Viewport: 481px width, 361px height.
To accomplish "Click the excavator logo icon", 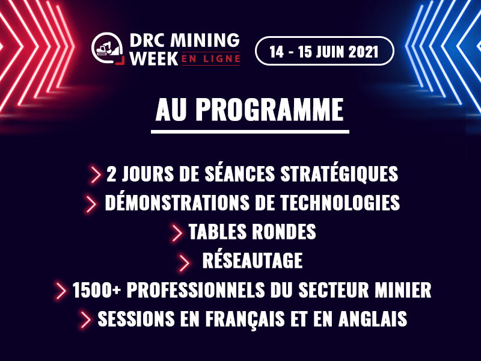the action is (108, 49).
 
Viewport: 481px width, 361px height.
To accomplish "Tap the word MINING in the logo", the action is (205, 40).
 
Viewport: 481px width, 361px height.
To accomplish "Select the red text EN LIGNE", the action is (211, 59).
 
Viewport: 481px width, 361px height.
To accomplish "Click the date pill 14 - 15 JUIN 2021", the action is (324, 51).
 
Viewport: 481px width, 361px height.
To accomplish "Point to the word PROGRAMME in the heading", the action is (269, 110).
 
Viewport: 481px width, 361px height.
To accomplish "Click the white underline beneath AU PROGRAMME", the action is (250, 132).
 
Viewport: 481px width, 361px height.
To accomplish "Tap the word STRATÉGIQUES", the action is (339, 174).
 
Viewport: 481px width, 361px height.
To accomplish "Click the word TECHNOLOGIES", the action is (340, 203).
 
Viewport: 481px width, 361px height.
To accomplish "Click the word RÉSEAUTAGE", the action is (252, 261).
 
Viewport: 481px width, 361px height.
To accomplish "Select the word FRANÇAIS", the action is (245, 319).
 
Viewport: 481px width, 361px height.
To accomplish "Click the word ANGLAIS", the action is (373, 319).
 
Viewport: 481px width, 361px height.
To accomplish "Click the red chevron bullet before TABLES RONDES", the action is (177, 232).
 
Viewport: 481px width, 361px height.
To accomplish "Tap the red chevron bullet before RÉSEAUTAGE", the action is (184, 262).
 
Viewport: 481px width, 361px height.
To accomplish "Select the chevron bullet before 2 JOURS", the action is (96, 174).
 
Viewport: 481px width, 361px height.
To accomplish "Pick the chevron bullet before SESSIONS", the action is (86, 319).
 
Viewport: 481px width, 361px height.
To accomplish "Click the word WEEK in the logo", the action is (154, 58).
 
